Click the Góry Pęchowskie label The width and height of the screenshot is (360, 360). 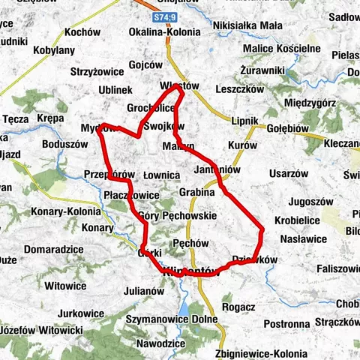[x=178, y=215]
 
